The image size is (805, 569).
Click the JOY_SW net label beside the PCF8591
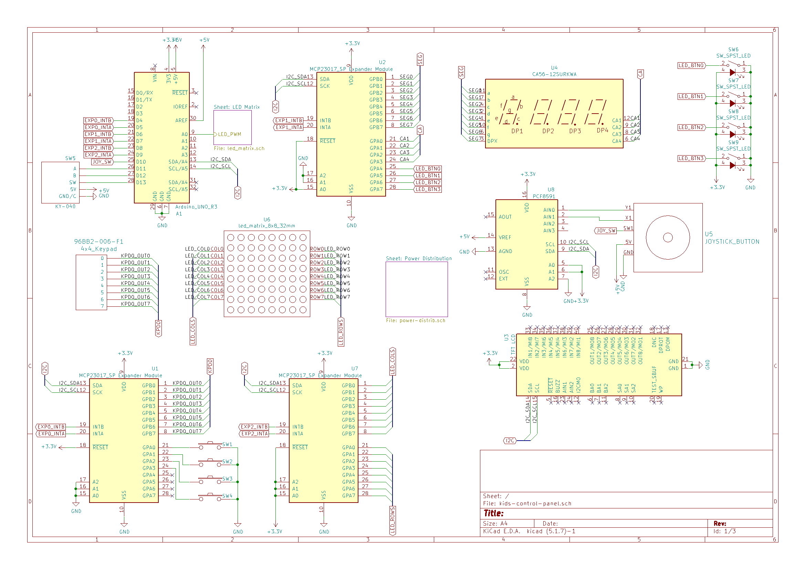[x=606, y=231]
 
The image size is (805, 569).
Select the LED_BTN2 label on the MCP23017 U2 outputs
[x=428, y=182]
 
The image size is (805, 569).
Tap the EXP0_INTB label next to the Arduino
[x=98, y=120]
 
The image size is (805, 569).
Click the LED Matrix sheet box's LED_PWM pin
[x=229, y=134]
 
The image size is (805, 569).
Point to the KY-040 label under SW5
[x=65, y=207]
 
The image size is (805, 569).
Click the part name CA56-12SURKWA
[x=554, y=74]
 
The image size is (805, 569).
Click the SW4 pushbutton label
[x=227, y=496]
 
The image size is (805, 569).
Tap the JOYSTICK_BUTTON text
[x=732, y=242]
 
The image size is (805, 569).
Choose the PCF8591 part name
[x=544, y=197]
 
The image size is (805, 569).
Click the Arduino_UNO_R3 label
[x=196, y=207]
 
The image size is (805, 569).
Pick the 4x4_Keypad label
[x=99, y=249]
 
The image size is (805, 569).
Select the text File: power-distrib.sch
[x=416, y=320]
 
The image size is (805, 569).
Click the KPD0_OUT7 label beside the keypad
[x=135, y=304]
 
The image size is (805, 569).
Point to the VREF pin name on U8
[x=504, y=238]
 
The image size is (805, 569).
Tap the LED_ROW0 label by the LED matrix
[x=337, y=249]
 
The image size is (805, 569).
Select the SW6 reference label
[x=733, y=50]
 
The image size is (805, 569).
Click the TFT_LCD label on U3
[x=513, y=344]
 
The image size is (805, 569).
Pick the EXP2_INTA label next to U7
[x=255, y=434]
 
